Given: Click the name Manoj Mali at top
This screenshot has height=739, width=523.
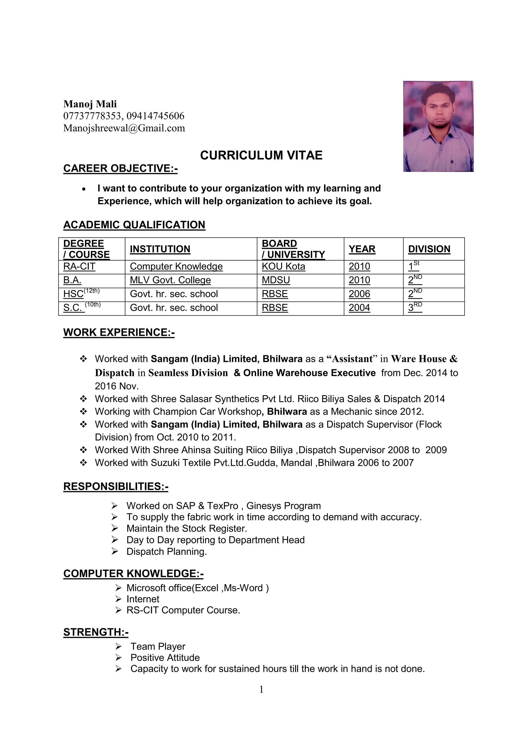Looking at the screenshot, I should (x=90, y=104).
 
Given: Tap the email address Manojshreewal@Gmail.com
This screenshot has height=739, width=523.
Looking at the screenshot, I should (x=124, y=128).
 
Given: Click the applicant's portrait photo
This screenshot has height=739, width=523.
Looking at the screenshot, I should (x=438, y=126).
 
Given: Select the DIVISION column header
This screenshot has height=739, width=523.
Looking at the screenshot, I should (x=429, y=249).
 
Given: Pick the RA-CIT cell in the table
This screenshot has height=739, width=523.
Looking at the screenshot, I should (x=79, y=266).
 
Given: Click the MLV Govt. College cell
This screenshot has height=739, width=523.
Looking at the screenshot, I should (x=170, y=280).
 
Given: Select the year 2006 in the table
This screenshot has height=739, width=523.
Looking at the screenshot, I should (x=359, y=294).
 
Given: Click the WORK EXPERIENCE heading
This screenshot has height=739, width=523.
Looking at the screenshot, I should (x=119, y=332).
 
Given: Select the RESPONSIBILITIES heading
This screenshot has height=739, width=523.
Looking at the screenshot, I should (x=116, y=486).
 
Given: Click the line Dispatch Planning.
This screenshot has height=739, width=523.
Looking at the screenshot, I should (x=166, y=552).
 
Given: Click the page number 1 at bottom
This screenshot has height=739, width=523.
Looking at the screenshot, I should (x=261, y=689).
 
